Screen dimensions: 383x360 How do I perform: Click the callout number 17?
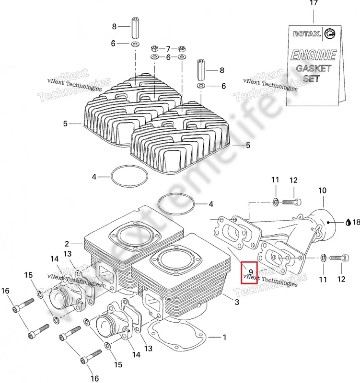314,4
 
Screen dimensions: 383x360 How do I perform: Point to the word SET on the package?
311,79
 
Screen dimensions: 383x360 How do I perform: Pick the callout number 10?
322,191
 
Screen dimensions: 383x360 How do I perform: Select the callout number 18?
356,223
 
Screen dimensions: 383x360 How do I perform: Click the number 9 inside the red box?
251,272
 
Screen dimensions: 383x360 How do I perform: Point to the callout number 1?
224,338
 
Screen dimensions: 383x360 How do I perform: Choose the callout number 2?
67,243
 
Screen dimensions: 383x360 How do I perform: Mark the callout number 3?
236,302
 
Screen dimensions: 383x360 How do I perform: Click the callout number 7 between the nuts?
168,48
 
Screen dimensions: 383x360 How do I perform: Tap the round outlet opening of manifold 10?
330,222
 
